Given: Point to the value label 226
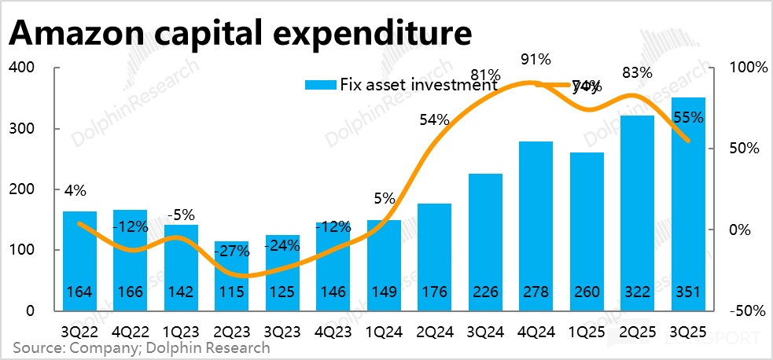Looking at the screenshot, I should pyautogui.click(x=485, y=292).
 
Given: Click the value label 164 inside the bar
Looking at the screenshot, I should pyautogui.click(x=80, y=292).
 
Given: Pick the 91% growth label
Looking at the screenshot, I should pyautogui.click(x=536, y=59).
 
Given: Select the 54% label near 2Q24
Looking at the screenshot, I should pyautogui.click(x=434, y=120).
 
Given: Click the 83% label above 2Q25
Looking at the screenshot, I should pyautogui.click(x=637, y=72).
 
